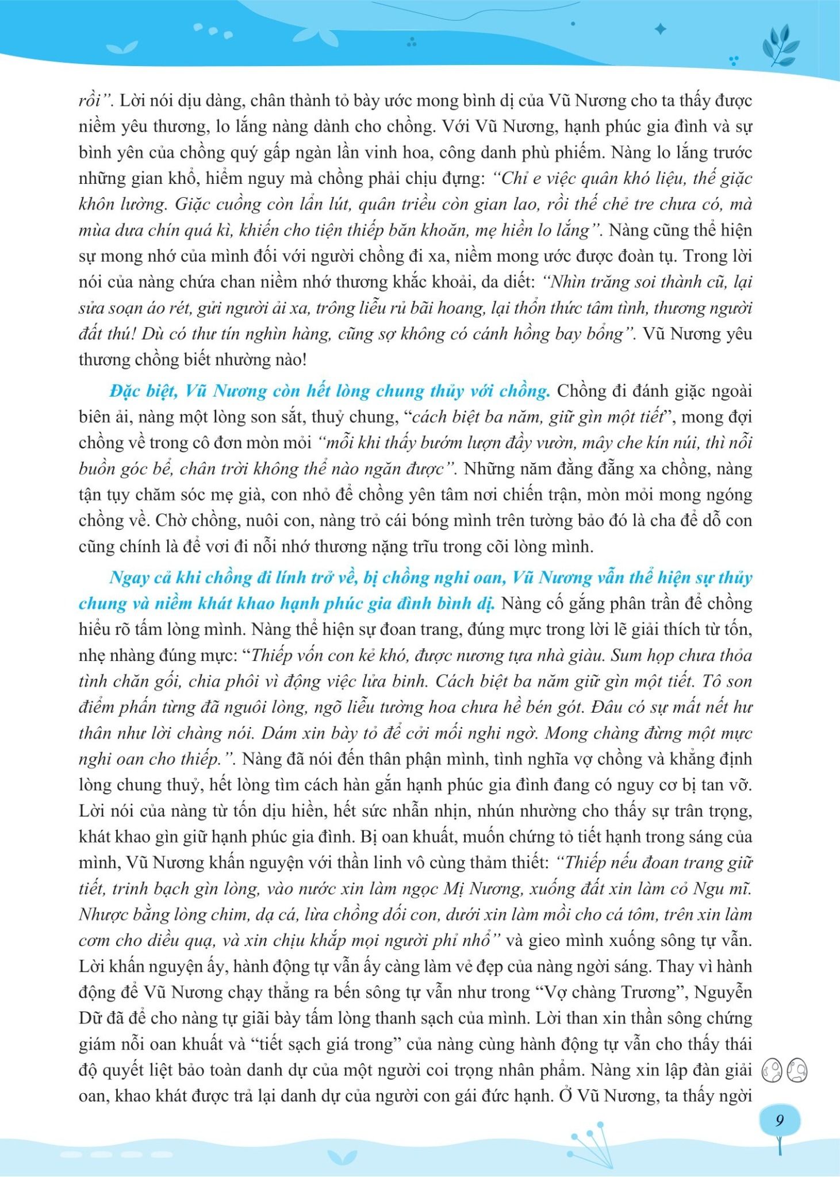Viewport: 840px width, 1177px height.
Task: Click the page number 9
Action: [780, 1121]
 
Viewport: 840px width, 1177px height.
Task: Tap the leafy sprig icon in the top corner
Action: [785, 47]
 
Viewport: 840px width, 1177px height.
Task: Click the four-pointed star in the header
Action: [661, 29]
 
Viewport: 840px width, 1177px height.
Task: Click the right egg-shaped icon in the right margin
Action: [797, 1071]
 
